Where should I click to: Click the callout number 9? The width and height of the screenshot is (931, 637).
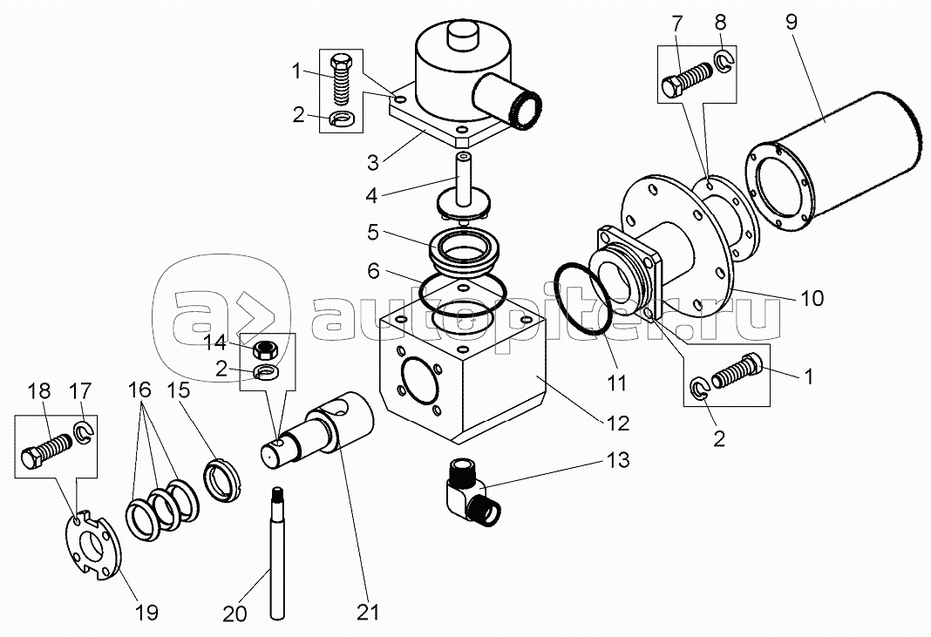[792, 22]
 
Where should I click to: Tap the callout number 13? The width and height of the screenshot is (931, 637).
[618, 460]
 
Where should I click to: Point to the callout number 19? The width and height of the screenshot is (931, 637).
[146, 612]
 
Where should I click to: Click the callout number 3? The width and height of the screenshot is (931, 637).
[373, 162]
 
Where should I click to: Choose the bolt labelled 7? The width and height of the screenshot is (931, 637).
[688, 79]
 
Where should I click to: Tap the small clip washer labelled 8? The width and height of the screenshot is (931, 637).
[724, 60]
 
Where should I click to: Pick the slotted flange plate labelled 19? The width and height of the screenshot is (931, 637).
[92, 544]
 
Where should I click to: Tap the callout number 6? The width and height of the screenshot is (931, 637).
[373, 271]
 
